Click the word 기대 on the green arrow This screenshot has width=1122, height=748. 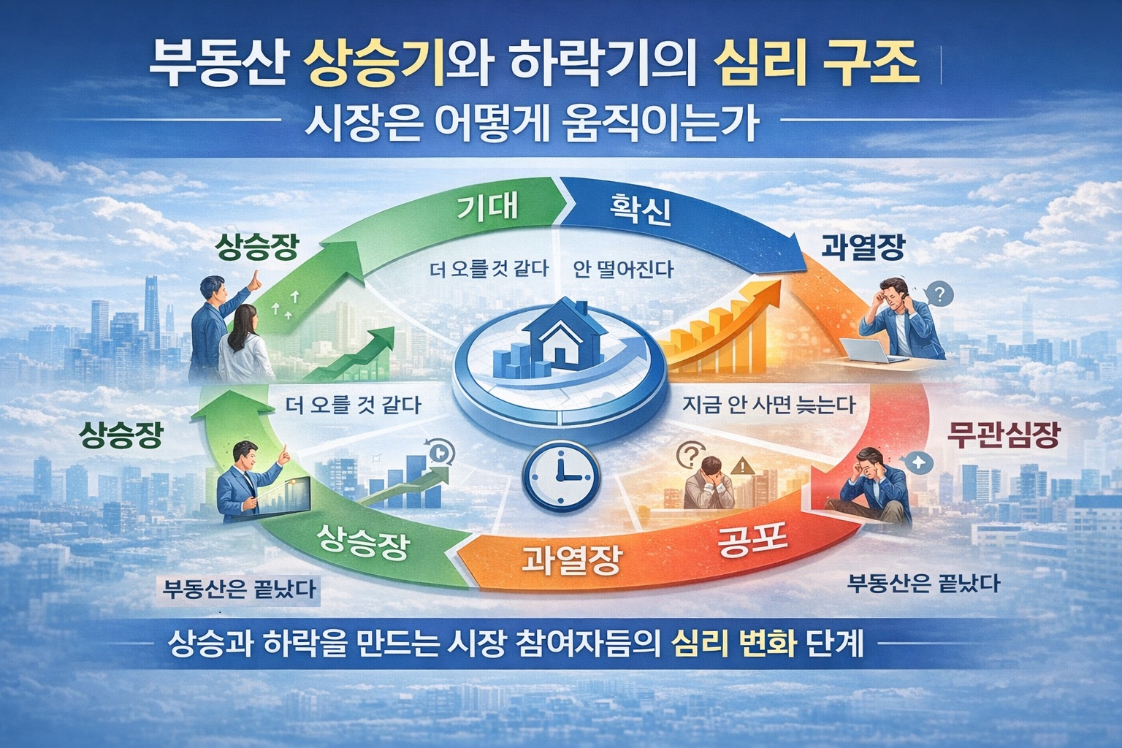tap(487, 206)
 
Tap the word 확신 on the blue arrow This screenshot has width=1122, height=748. tap(639, 211)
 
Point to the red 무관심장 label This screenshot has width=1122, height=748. tap(1002, 436)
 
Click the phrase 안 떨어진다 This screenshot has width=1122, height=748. tap(623, 270)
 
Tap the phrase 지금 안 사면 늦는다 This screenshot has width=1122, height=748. tap(768, 404)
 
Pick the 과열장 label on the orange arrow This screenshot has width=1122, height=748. tap(572, 560)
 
